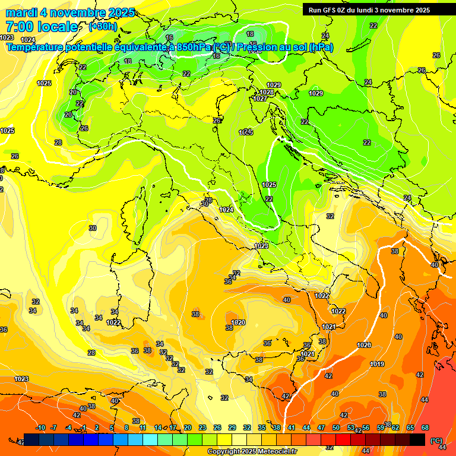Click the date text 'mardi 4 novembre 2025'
click(70, 12)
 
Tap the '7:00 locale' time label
click(42, 27)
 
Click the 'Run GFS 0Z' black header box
click(378, 9)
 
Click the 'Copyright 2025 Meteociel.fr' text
click(252, 451)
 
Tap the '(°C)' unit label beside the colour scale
click(436, 441)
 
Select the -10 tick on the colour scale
click(40, 427)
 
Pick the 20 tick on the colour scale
click(188, 427)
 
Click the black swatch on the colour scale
click(418, 439)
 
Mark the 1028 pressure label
click(267, 92)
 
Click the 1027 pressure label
click(260, 99)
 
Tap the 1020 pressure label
click(238, 322)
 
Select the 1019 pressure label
click(377, 364)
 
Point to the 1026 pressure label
click(364, 345)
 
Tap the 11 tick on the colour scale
click(143, 427)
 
